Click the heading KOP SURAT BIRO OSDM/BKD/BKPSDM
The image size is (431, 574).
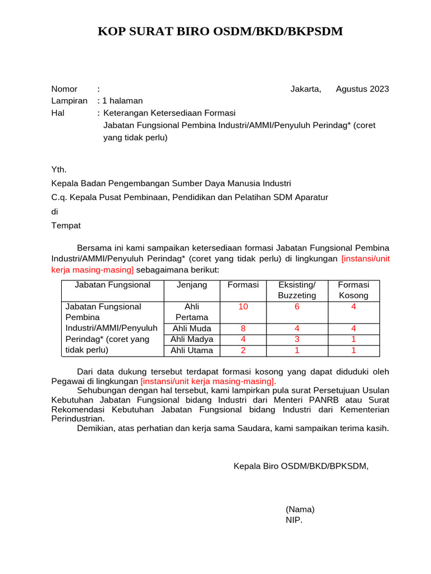pyautogui.click(x=220, y=31)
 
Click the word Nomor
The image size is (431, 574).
pyautogui.click(x=64, y=89)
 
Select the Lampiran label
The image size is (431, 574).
pyautogui.click(x=69, y=100)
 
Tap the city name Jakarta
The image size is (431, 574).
pyautogui.click(x=306, y=89)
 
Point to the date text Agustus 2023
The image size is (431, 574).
pyautogui.click(x=362, y=89)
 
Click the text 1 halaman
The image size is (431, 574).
pyautogui.click(x=122, y=100)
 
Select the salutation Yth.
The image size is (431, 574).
pyautogui.click(x=59, y=169)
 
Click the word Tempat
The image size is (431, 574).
pyautogui.click(x=66, y=225)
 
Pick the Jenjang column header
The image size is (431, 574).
pyautogui.click(x=192, y=285)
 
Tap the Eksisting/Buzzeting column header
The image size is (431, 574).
pyautogui.click(x=297, y=290)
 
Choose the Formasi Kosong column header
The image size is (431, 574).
pyautogui.click(x=354, y=290)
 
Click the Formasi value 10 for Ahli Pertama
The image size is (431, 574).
pyautogui.click(x=243, y=307)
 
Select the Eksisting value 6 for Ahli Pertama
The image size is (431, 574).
pyautogui.click(x=297, y=307)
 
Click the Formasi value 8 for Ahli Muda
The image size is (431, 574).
pyautogui.click(x=243, y=328)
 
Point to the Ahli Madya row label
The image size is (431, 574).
pyautogui.click(x=192, y=339)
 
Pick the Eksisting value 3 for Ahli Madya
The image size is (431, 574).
pyautogui.click(x=297, y=339)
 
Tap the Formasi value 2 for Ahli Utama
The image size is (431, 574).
pyautogui.click(x=243, y=350)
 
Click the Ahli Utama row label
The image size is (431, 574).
pyautogui.click(x=192, y=350)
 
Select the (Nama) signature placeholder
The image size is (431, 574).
pyautogui.click(x=300, y=509)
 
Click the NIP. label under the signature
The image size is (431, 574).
pyautogui.click(x=294, y=520)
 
